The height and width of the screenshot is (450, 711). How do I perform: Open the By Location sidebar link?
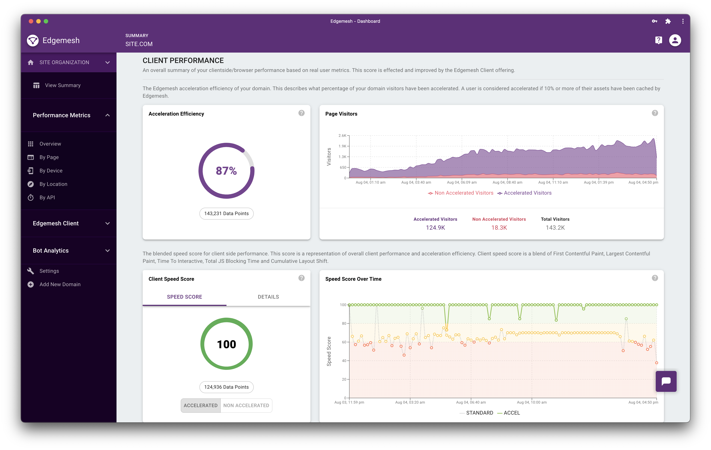click(x=53, y=184)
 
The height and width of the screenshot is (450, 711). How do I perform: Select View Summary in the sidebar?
click(x=63, y=85)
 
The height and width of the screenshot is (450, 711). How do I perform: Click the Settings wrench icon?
click(x=30, y=271)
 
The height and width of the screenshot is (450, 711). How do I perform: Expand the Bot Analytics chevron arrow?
click(x=108, y=251)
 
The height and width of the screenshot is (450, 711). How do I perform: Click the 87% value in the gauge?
click(x=226, y=171)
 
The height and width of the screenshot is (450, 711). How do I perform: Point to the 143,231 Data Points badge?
click(x=226, y=213)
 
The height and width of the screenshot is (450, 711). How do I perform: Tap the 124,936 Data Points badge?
click(x=226, y=387)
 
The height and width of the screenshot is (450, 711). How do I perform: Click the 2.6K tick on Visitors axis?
click(x=342, y=136)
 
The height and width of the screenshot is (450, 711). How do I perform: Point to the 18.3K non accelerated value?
click(x=499, y=228)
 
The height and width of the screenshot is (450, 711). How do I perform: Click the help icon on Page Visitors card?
click(x=655, y=113)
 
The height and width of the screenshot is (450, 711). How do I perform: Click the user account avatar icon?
click(x=675, y=40)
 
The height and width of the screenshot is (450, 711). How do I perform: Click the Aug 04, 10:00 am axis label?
click(x=532, y=402)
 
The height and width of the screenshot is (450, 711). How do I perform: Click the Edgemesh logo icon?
click(x=33, y=40)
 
